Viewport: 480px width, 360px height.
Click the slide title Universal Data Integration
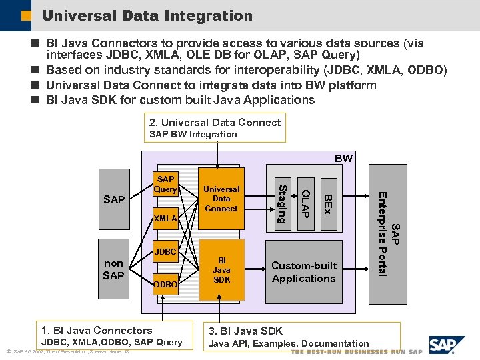coord(147,15)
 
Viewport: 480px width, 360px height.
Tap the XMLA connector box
coord(165,219)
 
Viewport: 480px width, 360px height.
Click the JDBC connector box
coord(165,252)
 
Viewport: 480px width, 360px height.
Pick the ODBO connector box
coord(165,284)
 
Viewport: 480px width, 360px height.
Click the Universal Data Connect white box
coord(221,199)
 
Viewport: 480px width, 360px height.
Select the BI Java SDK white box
coord(221,270)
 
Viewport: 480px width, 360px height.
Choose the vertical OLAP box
coord(305,203)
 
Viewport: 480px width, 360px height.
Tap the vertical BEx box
coord(327,203)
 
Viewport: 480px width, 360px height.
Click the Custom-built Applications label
coord(303,272)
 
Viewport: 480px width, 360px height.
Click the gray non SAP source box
coord(113,269)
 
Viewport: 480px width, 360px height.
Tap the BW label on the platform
coord(344,159)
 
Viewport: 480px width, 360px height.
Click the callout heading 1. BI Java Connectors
coord(97,330)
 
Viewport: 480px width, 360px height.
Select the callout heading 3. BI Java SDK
coord(246,331)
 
